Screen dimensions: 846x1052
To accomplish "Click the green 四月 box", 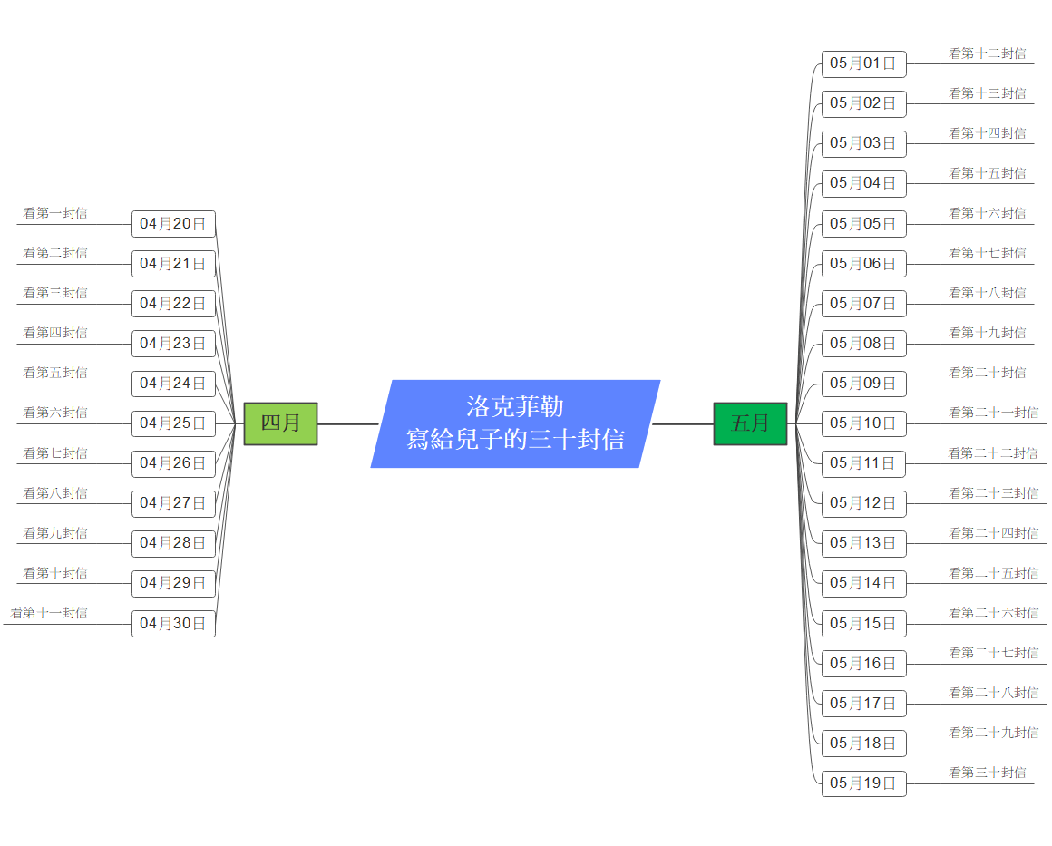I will [280, 423].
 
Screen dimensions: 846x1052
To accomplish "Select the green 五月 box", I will [750, 423].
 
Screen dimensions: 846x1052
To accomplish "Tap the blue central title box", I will [515, 423].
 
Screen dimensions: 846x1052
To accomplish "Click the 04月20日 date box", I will [173, 224].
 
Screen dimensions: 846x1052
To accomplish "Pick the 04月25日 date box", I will [173, 423].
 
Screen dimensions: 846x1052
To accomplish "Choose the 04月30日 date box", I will [173, 624].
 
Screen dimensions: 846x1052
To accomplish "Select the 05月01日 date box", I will [863, 63].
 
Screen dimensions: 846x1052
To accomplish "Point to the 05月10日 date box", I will [863, 423].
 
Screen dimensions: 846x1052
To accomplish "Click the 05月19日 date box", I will [863, 783].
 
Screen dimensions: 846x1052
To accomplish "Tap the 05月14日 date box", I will [863, 583].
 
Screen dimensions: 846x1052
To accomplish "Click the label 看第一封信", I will [55, 213].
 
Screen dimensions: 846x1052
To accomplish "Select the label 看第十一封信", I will [49, 613].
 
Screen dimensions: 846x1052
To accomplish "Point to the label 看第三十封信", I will [988, 773].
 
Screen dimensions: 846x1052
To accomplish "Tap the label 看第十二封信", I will [988, 53].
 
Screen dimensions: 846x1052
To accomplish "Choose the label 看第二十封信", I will [988, 373].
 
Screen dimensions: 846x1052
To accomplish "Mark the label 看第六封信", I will [55, 413].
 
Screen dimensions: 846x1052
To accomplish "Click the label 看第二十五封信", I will [994, 573].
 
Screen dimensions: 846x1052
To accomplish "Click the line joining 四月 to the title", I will [347, 423].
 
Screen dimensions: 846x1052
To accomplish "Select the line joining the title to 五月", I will [683, 423].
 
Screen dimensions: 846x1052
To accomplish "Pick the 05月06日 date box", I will [863, 264].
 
